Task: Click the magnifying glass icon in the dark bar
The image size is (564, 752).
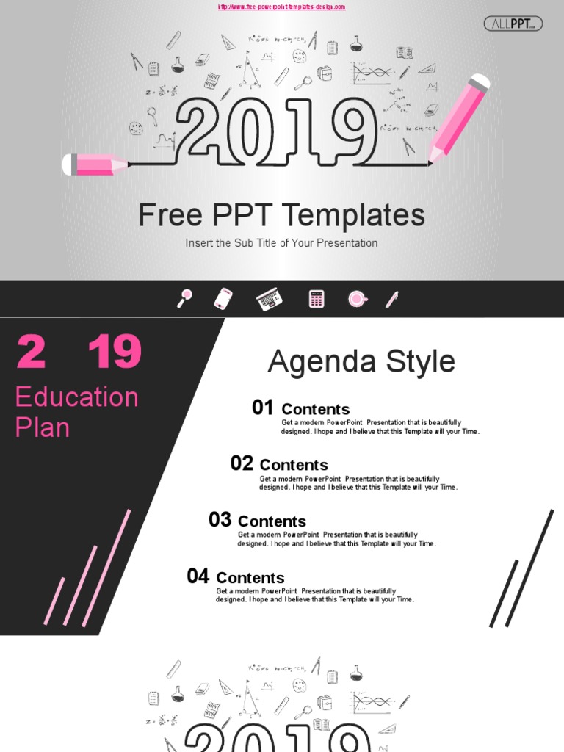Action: (x=184, y=298)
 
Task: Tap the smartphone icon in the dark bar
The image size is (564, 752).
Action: (x=223, y=299)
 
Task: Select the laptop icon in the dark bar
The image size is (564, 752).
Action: (x=269, y=299)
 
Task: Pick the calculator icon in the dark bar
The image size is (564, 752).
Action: (x=317, y=299)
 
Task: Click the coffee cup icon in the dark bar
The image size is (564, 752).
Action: (x=358, y=299)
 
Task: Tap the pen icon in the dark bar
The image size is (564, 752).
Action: (x=392, y=299)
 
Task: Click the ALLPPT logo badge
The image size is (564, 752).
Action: (x=513, y=24)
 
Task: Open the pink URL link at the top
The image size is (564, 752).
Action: (x=281, y=7)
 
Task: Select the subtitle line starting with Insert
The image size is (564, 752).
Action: (x=281, y=243)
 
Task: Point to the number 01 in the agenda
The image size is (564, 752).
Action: (x=262, y=408)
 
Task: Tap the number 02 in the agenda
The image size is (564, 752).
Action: (x=242, y=463)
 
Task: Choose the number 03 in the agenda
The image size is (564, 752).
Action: (x=220, y=520)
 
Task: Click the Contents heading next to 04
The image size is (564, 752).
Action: (x=250, y=578)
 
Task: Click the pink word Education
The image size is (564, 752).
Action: (x=77, y=397)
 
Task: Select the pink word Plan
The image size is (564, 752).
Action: (x=43, y=427)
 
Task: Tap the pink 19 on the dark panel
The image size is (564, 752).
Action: (x=115, y=352)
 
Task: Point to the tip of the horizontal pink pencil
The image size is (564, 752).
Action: (x=125, y=165)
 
